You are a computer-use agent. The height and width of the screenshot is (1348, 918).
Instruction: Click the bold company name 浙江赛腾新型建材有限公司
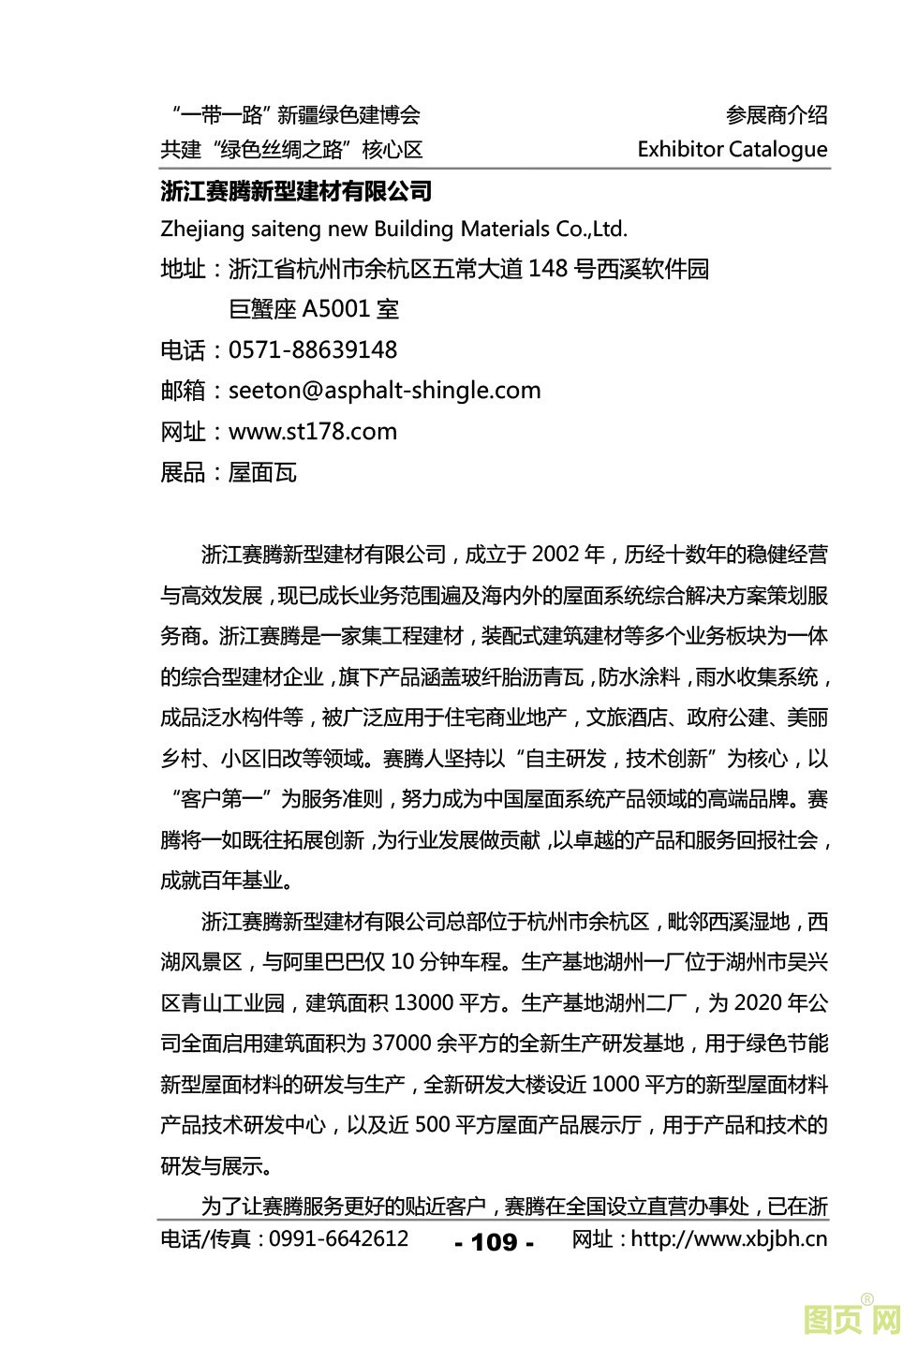click(296, 192)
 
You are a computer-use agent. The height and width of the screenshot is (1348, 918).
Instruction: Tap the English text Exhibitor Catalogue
click(732, 150)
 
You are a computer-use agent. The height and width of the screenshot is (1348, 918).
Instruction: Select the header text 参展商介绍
click(777, 115)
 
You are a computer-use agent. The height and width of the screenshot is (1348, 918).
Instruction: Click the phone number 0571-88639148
click(313, 350)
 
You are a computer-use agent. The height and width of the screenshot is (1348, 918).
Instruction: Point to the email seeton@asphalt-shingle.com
click(384, 391)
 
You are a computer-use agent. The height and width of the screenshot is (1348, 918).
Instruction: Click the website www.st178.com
click(313, 432)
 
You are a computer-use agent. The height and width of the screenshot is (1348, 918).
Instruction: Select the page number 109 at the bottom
click(494, 1242)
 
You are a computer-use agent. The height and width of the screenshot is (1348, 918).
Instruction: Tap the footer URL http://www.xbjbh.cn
click(729, 1239)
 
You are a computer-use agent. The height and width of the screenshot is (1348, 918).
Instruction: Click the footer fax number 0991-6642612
click(338, 1239)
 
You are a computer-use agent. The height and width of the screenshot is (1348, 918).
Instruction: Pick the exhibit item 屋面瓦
click(262, 472)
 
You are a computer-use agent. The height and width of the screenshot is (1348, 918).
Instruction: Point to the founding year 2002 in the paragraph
click(555, 555)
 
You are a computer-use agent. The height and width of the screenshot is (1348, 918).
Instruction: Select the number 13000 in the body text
click(424, 1003)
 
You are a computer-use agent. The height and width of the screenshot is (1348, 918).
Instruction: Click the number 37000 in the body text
click(402, 1044)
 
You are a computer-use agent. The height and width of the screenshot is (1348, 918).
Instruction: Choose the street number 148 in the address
click(548, 270)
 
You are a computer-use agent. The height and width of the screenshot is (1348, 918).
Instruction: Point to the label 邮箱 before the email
click(183, 392)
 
